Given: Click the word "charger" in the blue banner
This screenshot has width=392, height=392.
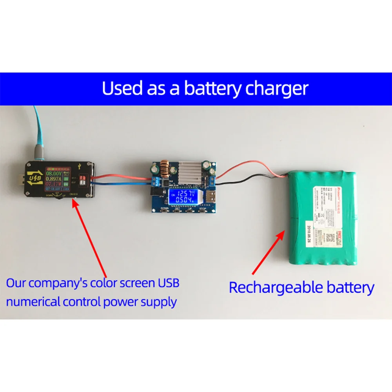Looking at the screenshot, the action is point(277,89).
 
